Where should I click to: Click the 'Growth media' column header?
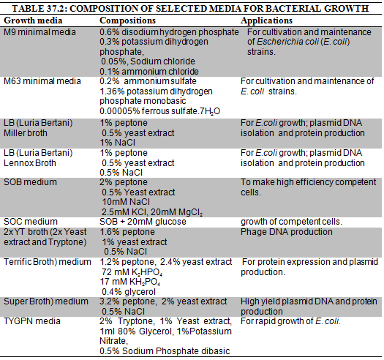click(x=33, y=20)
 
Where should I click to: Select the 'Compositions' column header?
click(x=127, y=20)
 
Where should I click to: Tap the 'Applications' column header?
click(x=266, y=20)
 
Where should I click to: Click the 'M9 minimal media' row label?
click(x=39, y=32)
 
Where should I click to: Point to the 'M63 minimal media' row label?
click(x=42, y=81)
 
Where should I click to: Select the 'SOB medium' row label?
click(x=30, y=182)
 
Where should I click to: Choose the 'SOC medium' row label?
click(x=31, y=222)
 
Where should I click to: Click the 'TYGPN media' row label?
click(x=32, y=321)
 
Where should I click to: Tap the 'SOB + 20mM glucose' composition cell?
click(x=143, y=222)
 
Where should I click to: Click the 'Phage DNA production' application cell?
click(x=287, y=232)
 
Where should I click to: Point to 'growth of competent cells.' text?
click(x=291, y=222)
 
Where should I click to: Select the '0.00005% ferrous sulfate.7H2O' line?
click(x=160, y=111)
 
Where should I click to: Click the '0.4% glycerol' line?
click(x=129, y=292)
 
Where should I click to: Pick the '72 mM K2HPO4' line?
click(x=132, y=272)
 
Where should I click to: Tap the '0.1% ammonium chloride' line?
click(x=149, y=72)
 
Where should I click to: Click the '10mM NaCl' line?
click(x=126, y=202)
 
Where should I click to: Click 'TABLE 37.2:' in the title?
click(x=39, y=9)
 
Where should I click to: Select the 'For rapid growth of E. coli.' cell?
click(x=290, y=321)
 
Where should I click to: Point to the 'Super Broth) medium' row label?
click(x=46, y=301)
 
